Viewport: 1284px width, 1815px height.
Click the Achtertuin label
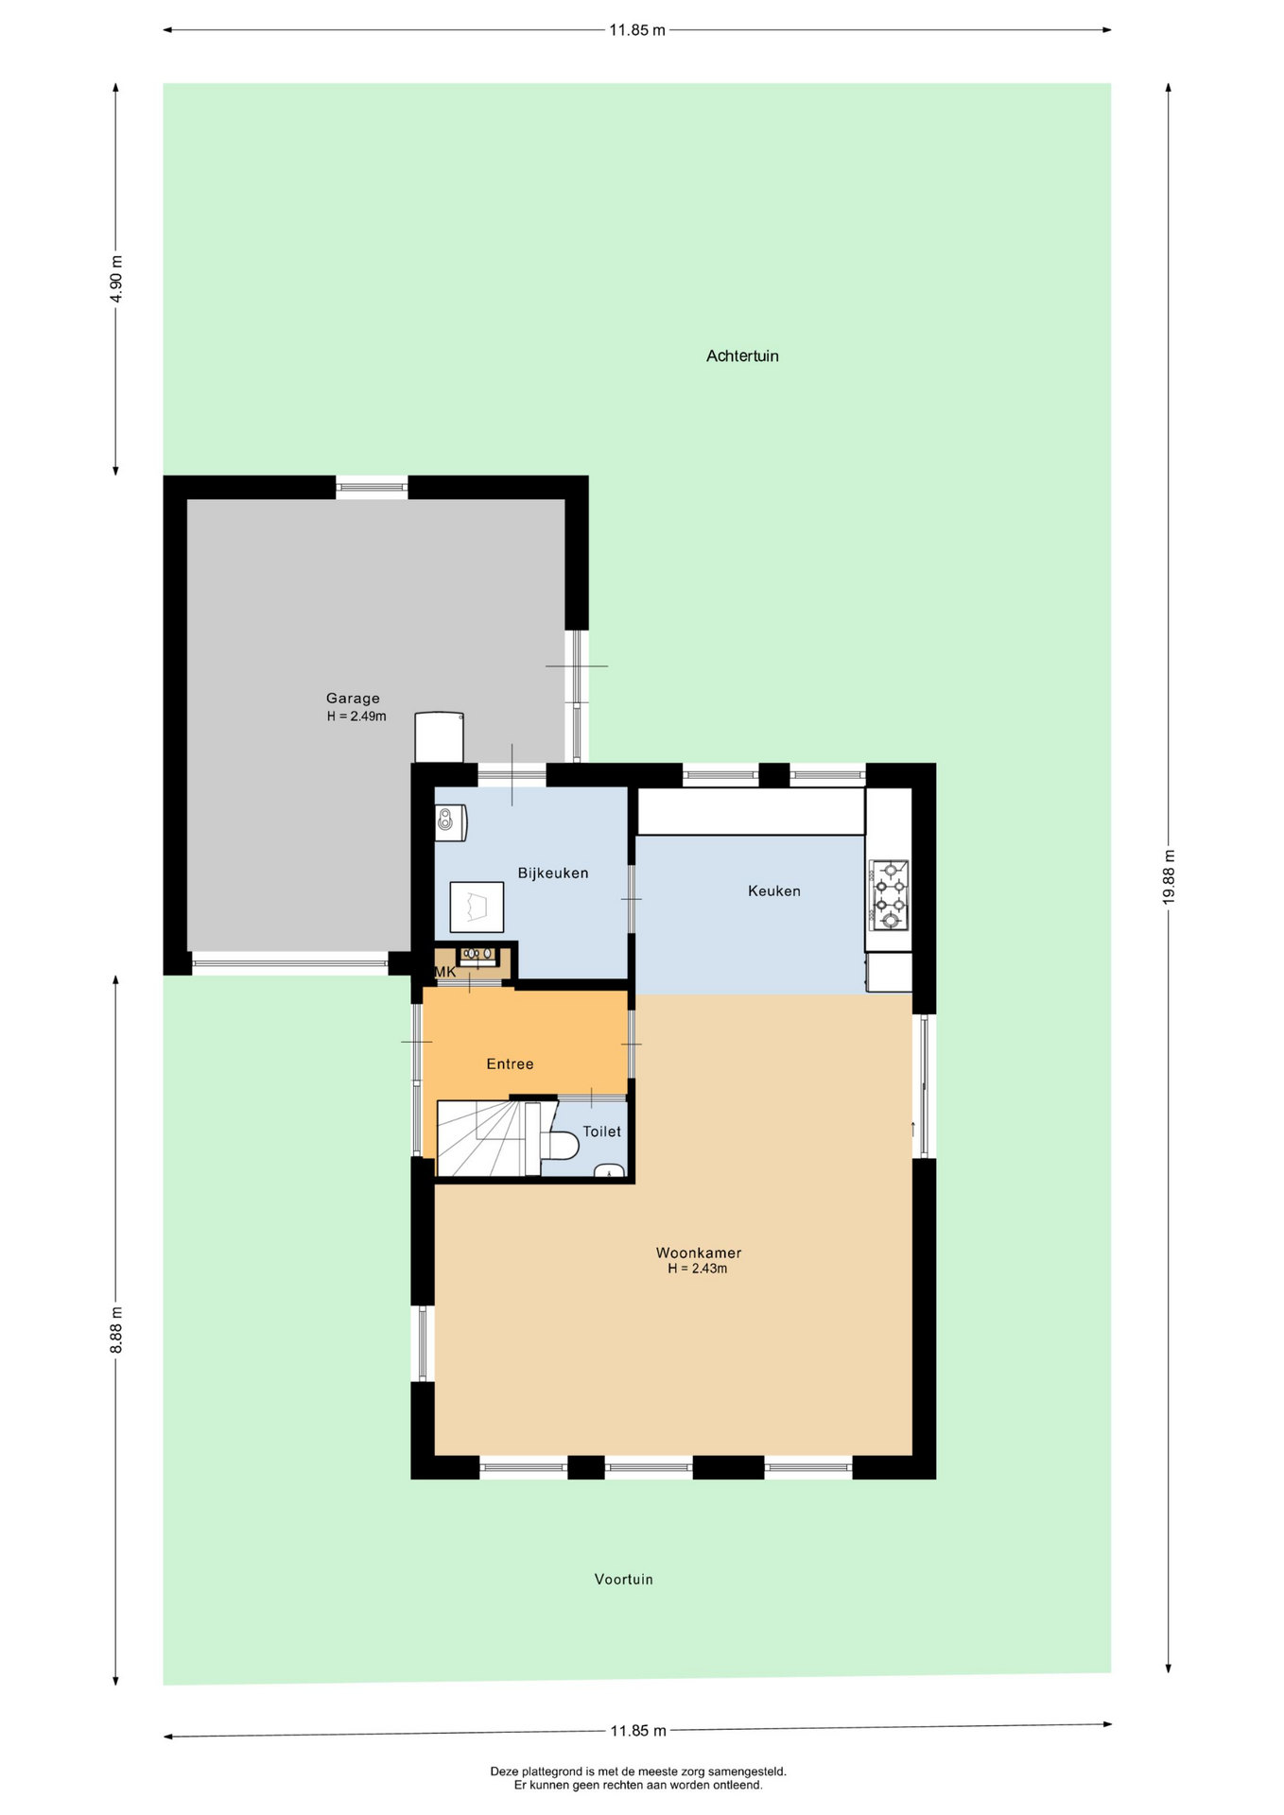click(742, 356)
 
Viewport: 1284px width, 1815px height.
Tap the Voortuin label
click(624, 1580)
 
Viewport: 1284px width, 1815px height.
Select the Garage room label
click(353, 699)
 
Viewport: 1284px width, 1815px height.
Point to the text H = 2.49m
click(356, 717)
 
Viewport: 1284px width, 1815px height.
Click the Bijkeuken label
click(553, 873)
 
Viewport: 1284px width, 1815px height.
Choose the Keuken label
click(774, 890)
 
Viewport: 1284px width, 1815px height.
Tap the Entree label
click(511, 1064)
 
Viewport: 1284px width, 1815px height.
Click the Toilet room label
click(602, 1132)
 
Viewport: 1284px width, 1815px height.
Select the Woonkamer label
click(699, 1253)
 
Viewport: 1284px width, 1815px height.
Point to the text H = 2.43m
click(698, 1270)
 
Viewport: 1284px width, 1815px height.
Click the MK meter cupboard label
click(444, 973)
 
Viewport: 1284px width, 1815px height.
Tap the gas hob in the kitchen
click(889, 895)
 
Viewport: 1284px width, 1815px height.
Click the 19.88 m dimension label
click(1169, 876)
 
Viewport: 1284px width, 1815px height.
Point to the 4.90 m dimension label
click(116, 279)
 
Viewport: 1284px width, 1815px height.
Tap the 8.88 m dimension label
click(116, 1330)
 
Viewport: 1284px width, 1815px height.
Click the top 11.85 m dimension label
click(637, 30)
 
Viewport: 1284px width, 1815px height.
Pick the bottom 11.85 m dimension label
click(638, 1731)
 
